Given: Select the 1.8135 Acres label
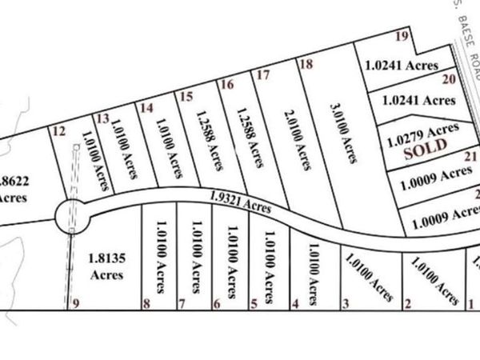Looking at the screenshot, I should click(x=106, y=267).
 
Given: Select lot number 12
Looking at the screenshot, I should click(x=57, y=132).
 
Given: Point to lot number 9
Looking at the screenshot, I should click(x=76, y=303).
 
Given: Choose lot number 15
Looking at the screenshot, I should click(x=186, y=97).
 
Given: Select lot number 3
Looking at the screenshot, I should click(x=346, y=303).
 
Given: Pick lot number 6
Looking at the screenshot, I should click(x=216, y=303).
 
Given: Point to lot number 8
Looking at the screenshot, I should click(x=146, y=303).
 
